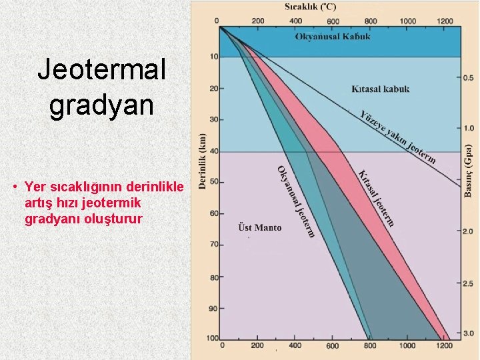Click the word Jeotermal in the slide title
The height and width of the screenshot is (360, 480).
(101, 70)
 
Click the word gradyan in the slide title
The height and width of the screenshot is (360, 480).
(101, 105)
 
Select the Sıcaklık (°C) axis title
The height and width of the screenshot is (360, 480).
(311, 7)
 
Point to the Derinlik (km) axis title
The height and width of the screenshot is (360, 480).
(203, 160)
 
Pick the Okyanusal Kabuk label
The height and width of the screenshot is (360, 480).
(333, 36)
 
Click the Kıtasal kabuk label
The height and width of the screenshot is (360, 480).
(381, 89)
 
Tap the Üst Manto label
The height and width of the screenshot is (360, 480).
(260, 228)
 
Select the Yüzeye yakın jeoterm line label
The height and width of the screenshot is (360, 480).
(398, 136)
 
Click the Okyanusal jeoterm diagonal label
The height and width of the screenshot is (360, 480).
(296, 201)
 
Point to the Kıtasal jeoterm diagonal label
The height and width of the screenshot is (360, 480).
(377, 198)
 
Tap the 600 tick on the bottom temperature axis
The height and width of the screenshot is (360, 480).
(333, 345)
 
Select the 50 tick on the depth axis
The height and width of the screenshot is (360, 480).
(213, 182)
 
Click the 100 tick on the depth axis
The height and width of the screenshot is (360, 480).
(212, 338)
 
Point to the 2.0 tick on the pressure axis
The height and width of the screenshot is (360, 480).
(469, 230)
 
